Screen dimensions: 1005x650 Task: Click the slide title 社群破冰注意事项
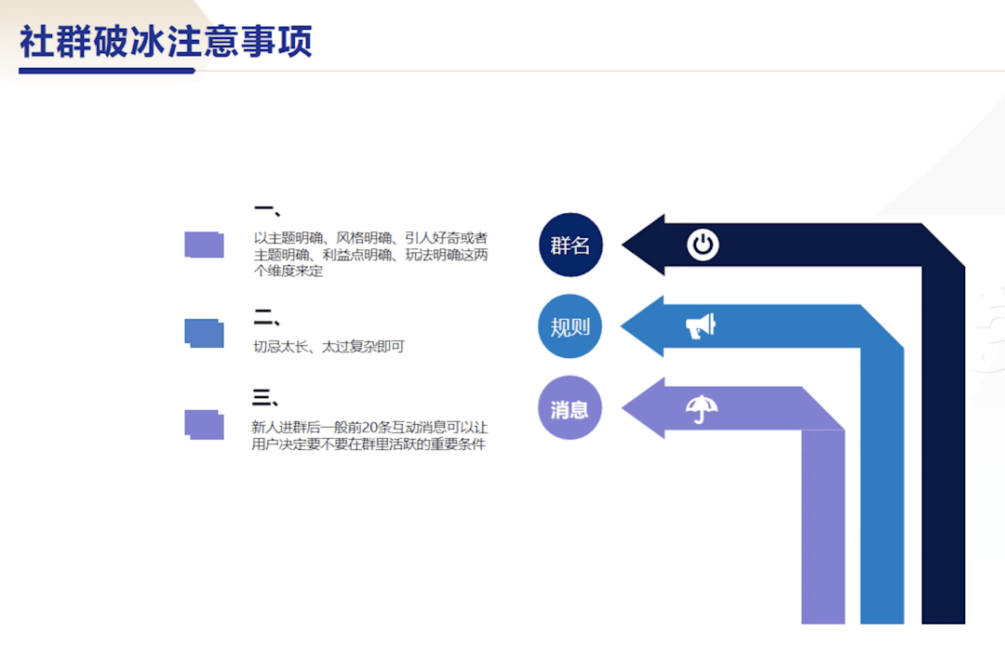[x=166, y=42]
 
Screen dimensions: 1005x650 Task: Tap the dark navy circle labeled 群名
[x=570, y=245]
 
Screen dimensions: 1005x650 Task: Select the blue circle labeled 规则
[x=569, y=326]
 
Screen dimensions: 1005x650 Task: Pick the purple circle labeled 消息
[x=569, y=408]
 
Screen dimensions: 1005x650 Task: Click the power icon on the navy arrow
[x=703, y=245]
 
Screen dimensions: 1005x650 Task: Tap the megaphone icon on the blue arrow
[x=701, y=326]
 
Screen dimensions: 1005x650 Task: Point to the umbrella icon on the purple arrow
[x=702, y=408]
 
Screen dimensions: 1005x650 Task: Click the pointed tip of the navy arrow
[x=622, y=245]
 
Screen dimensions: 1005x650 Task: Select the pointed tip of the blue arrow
[x=621, y=326]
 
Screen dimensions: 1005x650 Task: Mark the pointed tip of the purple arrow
[x=622, y=408]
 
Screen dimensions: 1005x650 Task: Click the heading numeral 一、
[x=267, y=210]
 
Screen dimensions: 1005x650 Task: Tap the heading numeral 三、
[x=264, y=398]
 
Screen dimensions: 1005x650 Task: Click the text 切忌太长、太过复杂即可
[x=328, y=347]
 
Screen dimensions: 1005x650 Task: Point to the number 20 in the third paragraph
[x=369, y=427]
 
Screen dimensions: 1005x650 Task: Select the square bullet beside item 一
[x=205, y=245]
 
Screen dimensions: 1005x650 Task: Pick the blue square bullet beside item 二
[x=205, y=333]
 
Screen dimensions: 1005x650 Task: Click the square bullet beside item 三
[x=205, y=425]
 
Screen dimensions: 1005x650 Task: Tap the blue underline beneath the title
[x=107, y=71]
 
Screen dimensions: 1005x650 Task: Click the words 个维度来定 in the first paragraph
[x=288, y=271]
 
